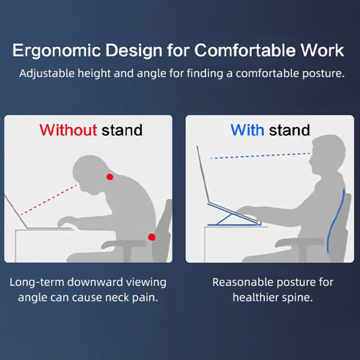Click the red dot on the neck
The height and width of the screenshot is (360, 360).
pos(110,177)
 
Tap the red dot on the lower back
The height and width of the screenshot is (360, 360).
pos(152,237)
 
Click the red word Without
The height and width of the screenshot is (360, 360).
pos(68,130)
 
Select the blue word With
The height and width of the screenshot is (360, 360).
pos(247,130)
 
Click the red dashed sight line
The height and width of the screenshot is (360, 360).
pos(49,200)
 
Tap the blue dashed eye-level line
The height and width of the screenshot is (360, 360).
pos(261,155)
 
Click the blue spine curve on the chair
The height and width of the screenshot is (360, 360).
pos(336,220)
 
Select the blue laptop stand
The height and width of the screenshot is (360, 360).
pos(234,215)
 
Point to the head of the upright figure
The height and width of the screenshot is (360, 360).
pos(328,154)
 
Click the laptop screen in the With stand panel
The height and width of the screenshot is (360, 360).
pos(203,175)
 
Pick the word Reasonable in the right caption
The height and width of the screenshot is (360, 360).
pos(243,282)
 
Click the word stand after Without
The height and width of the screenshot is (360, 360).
pos(122,130)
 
